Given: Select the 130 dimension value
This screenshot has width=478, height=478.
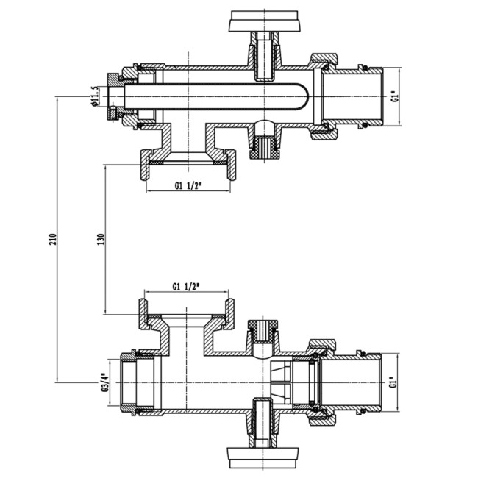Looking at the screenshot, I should coord(101,239).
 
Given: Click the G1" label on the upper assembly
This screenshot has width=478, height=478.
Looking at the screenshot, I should coord(395,96).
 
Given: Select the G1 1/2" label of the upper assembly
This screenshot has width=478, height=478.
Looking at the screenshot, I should coord(189,186).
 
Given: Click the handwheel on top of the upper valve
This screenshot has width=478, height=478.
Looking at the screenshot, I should coord(264,21).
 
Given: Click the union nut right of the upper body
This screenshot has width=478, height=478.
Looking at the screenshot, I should coord(324,96).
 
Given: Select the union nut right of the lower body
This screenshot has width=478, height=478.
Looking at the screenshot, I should coord(323,382).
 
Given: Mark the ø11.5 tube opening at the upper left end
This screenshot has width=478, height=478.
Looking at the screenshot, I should coord(112,96).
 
